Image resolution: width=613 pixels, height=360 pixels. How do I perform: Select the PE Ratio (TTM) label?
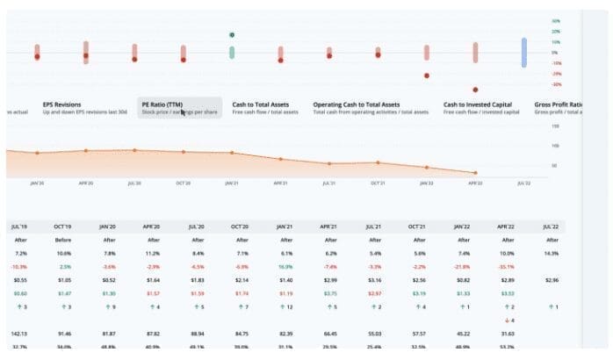pos(162,104)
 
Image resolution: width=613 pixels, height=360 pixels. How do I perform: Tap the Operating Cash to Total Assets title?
pos(357,104)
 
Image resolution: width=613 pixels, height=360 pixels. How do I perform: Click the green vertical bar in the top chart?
pos(232,53)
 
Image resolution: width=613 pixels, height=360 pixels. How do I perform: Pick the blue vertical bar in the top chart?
pos(523,52)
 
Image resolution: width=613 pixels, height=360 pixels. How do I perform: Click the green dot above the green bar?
pos(232,35)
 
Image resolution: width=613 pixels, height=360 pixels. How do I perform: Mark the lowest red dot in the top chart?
pos(475,90)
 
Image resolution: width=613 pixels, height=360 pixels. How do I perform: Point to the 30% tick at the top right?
pos(555,20)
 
